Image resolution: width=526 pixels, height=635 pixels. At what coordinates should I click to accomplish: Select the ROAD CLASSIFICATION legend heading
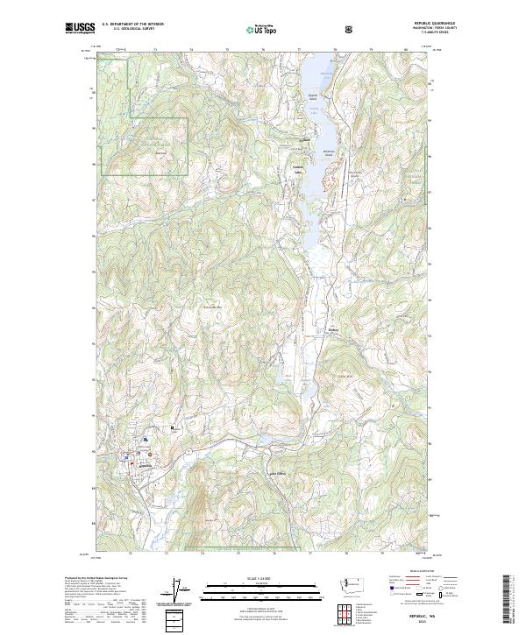click(x=410, y=575)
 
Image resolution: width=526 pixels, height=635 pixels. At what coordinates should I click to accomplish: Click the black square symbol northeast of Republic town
click(x=173, y=427)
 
